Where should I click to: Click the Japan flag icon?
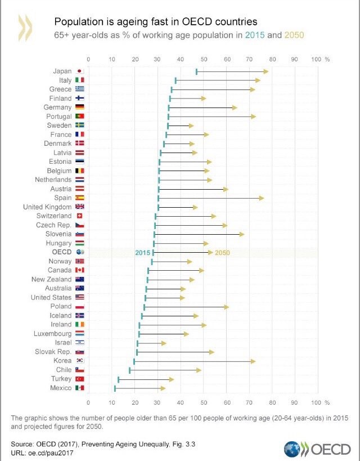79,71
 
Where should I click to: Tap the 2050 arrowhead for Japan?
265,71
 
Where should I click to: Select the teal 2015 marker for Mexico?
115,388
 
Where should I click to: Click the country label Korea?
62,361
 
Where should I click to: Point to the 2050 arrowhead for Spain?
261,198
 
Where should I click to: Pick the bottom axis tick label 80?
273,402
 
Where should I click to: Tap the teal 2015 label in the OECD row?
143,253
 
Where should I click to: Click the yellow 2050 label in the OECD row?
222,253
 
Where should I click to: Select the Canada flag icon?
79,270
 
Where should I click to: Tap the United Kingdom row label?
47,207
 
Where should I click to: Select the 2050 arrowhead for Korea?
253,361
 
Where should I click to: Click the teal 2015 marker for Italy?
176,80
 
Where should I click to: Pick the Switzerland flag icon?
79,216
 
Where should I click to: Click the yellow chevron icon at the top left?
26,28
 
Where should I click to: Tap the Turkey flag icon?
79,379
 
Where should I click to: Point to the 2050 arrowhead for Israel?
164,343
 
